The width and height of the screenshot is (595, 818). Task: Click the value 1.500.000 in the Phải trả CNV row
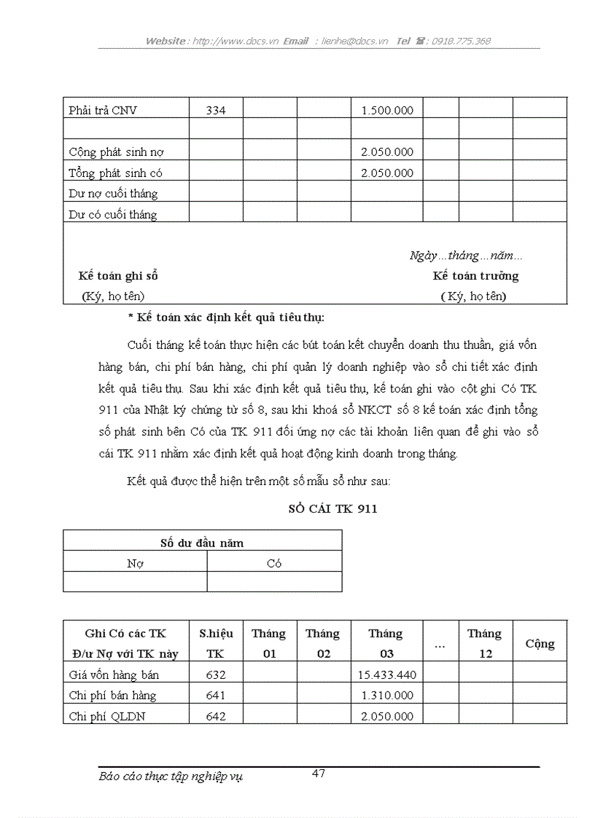coord(387,111)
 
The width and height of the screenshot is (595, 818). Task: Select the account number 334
coord(216,111)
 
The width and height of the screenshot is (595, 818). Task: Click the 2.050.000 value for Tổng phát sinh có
coord(387,173)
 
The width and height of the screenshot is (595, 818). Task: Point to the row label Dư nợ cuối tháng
coord(113,194)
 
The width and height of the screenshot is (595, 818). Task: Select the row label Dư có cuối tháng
coord(113,214)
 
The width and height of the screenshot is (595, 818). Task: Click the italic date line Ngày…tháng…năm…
coord(465,256)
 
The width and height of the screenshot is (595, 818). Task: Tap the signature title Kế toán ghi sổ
coord(118,276)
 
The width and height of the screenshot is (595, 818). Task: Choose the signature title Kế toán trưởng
coord(475,276)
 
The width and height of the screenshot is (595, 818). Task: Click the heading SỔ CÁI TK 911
coord(332,509)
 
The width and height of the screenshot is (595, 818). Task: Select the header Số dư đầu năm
coord(202,543)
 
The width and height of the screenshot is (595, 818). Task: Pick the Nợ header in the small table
coord(135,563)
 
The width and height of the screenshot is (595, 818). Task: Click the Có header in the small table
coord(274,563)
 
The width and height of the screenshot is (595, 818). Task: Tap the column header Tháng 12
coord(485,643)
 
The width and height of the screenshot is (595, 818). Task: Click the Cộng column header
coord(540,644)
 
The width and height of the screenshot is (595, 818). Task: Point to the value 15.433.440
coord(386,675)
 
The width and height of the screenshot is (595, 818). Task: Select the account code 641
coord(216,696)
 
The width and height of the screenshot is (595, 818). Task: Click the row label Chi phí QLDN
coord(107,716)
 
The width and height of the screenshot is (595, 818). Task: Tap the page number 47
coord(319,774)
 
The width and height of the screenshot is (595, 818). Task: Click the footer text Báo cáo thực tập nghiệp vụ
coord(171,776)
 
